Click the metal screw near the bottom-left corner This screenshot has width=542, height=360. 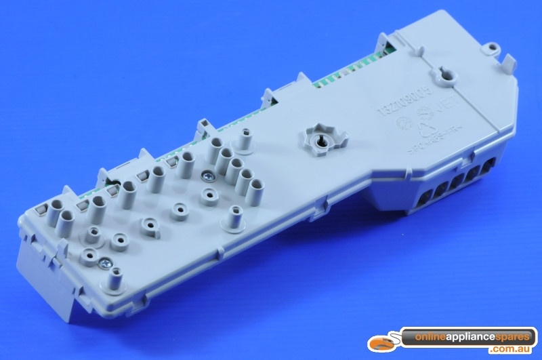tap(106, 260)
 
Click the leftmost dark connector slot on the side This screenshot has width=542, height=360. tap(426, 200)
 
